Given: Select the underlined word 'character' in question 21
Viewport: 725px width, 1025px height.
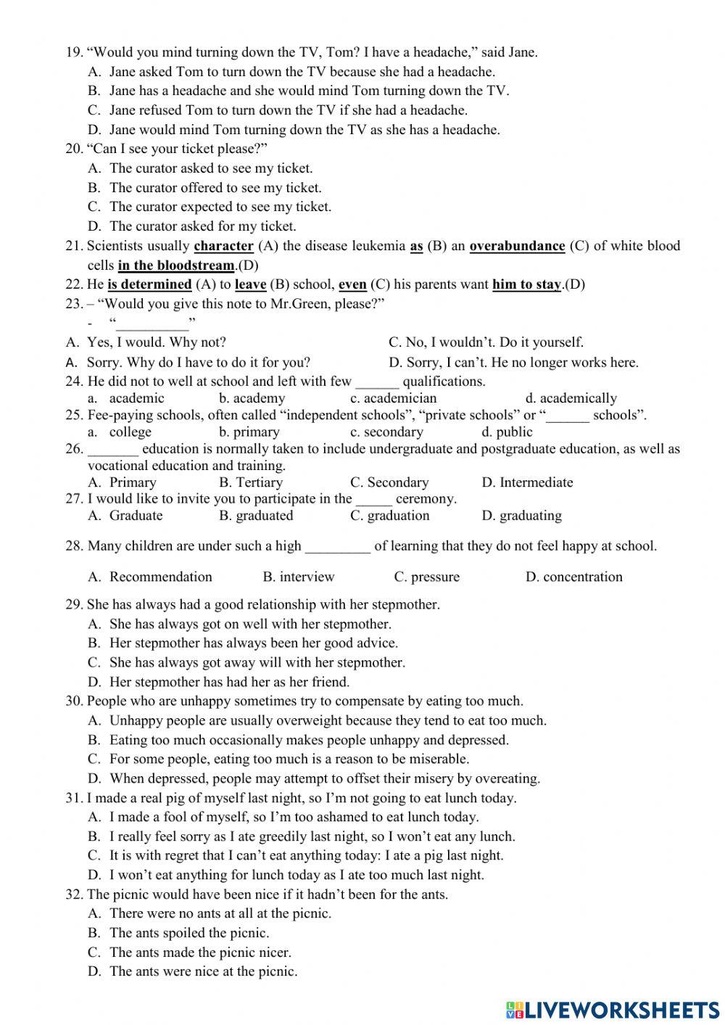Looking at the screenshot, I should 223,246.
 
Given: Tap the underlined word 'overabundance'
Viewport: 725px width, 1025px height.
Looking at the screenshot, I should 517,246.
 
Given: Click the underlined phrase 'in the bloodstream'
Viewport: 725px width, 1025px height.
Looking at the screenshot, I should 175,265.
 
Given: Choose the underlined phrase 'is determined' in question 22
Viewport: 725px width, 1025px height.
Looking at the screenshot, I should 149,284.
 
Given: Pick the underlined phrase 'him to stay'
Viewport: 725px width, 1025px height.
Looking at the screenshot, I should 526,284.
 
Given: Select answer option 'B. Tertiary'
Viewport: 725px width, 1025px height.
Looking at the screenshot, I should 250,482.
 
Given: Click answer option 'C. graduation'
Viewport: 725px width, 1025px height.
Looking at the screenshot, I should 389,516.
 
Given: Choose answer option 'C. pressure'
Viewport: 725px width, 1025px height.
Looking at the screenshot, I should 426,577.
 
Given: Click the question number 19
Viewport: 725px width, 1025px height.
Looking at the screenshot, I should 74,52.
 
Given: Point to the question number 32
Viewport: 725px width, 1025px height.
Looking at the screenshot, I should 74,894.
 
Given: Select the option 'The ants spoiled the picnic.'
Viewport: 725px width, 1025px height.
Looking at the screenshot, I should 188,933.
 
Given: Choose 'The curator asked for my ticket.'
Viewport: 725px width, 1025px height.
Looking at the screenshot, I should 202,226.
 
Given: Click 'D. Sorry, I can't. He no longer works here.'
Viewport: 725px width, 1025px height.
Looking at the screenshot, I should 513,362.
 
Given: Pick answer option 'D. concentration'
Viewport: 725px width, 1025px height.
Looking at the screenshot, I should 573,577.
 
